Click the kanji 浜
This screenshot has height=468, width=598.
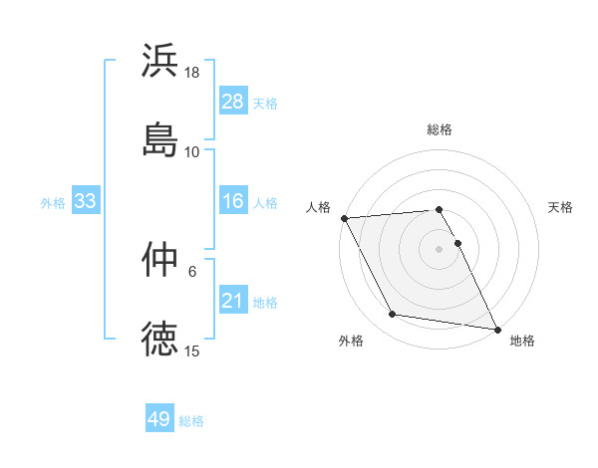(160, 61)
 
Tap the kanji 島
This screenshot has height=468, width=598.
(160, 139)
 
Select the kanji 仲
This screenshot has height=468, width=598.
(160, 260)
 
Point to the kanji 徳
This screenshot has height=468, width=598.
(160, 339)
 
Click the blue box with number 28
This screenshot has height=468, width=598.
(232, 101)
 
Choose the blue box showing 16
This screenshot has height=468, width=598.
(232, 201)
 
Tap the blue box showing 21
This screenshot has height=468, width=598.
(232, 301)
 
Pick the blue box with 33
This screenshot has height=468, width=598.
(86, 201)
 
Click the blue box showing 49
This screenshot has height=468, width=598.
(159, 419)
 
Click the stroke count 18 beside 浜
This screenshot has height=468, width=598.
(192, 73)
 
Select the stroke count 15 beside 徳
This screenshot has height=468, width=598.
(192, 351)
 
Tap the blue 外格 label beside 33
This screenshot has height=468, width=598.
(53, 202)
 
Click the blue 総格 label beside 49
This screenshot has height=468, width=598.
(191, 421)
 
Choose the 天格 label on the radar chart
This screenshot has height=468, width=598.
(560, 207)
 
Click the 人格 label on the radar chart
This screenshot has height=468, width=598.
(318, 207)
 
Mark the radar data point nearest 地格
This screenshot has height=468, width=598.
(496, 329)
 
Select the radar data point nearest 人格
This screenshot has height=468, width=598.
(344, 218)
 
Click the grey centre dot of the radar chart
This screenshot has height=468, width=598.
(440, 248)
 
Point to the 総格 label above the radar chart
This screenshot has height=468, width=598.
(440, 129)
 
